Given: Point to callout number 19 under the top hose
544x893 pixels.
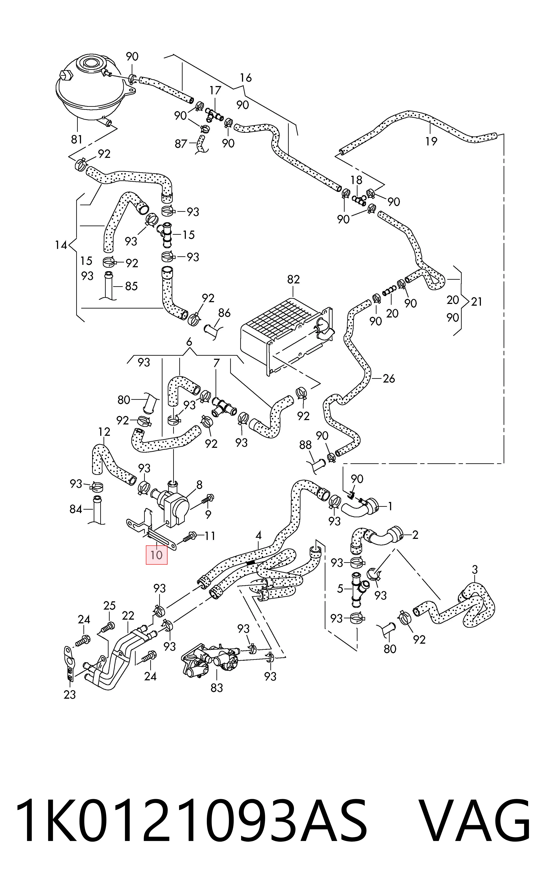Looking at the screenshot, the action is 431,141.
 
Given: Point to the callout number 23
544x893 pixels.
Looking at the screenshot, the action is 70,695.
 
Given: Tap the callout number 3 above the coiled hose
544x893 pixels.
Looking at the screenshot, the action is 475,570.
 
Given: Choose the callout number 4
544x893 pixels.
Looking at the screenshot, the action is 258,535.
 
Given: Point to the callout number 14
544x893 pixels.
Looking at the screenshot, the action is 61,245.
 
